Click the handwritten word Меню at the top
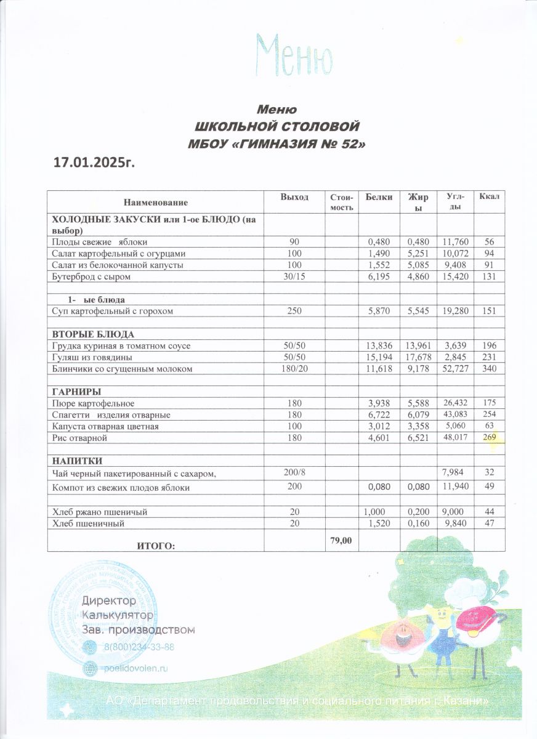click(294, 55)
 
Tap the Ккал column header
click(490, 196)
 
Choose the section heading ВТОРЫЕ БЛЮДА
click(93, 334)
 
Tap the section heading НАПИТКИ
click(77, 461)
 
